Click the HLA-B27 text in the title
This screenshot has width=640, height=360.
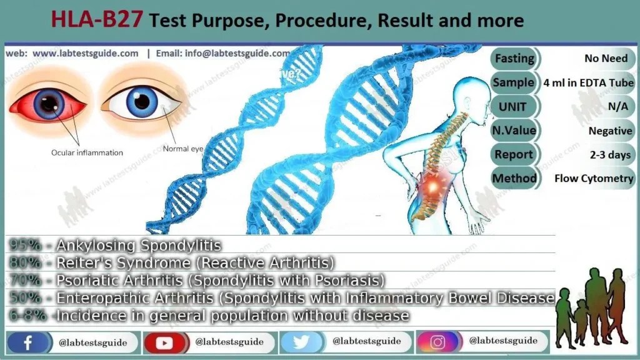(99, 21)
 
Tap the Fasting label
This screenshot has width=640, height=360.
(514, 58)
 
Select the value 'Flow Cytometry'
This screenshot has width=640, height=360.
(594, 178)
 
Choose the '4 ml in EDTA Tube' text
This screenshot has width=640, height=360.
(589, 82)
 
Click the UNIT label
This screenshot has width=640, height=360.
(512, 106)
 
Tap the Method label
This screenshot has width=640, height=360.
(514, 178)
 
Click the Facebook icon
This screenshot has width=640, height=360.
(28, 342)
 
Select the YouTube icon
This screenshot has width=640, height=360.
(165, 342)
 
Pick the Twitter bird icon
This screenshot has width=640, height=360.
(301, 342)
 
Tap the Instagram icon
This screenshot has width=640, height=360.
(437, 342)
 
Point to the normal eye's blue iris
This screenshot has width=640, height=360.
(142, 100)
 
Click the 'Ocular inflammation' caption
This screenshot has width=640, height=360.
(87, 152)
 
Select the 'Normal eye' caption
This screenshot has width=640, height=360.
(183, 149)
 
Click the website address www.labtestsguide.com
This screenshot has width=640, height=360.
(85, 54)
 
